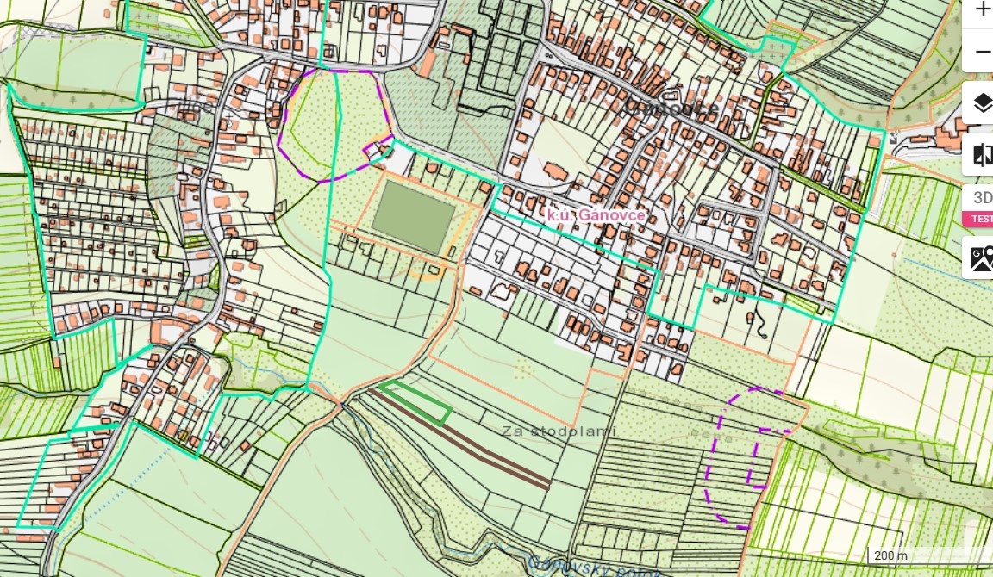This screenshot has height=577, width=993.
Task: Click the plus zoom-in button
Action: click(982, 9)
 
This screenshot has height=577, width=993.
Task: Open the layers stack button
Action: click(982, 104)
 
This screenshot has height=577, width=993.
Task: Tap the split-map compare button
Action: click(982, 155)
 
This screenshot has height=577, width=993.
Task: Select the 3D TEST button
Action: click(982, 206)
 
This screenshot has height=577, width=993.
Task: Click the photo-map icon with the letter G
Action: click(981, 257)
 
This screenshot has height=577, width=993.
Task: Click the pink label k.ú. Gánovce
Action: click(596, 214)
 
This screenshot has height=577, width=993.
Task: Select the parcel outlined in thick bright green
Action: click(416, 404)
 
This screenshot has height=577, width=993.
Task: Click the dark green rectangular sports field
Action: click(413, 217)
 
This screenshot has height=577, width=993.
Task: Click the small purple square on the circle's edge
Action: click(376, 152)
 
